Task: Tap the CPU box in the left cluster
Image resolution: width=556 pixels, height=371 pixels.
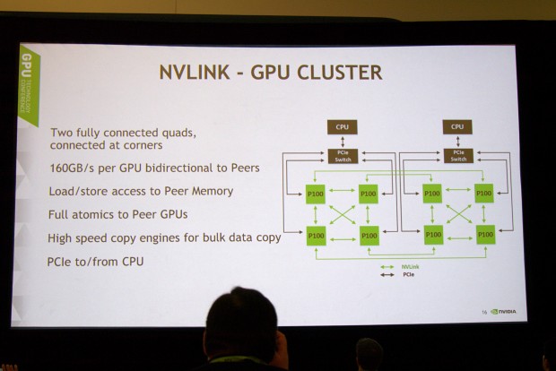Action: [x=342, y=127]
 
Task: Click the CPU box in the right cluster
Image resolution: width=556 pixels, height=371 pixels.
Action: [x=458, y=127]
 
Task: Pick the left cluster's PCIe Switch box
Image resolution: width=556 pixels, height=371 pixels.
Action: [x=342, y=155]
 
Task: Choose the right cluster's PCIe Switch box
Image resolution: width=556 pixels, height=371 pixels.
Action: [x=458, y=155]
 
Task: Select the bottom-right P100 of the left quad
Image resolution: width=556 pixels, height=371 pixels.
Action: [x=369, y=234]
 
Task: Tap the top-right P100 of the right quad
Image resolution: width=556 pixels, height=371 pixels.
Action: [x=484, y=193]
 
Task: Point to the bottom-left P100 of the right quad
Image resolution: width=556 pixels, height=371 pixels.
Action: [x=433, y=234]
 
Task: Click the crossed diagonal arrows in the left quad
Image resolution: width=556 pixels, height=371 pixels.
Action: [x=343, y=213]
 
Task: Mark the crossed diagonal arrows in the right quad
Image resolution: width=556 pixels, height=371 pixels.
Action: [x=458, y=213]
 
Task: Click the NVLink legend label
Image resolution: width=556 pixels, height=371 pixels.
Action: [x=408, y=266]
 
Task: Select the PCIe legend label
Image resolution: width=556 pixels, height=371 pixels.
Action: [x=405, y=274]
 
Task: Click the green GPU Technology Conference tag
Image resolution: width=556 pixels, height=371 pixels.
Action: [x=27, y=84]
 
